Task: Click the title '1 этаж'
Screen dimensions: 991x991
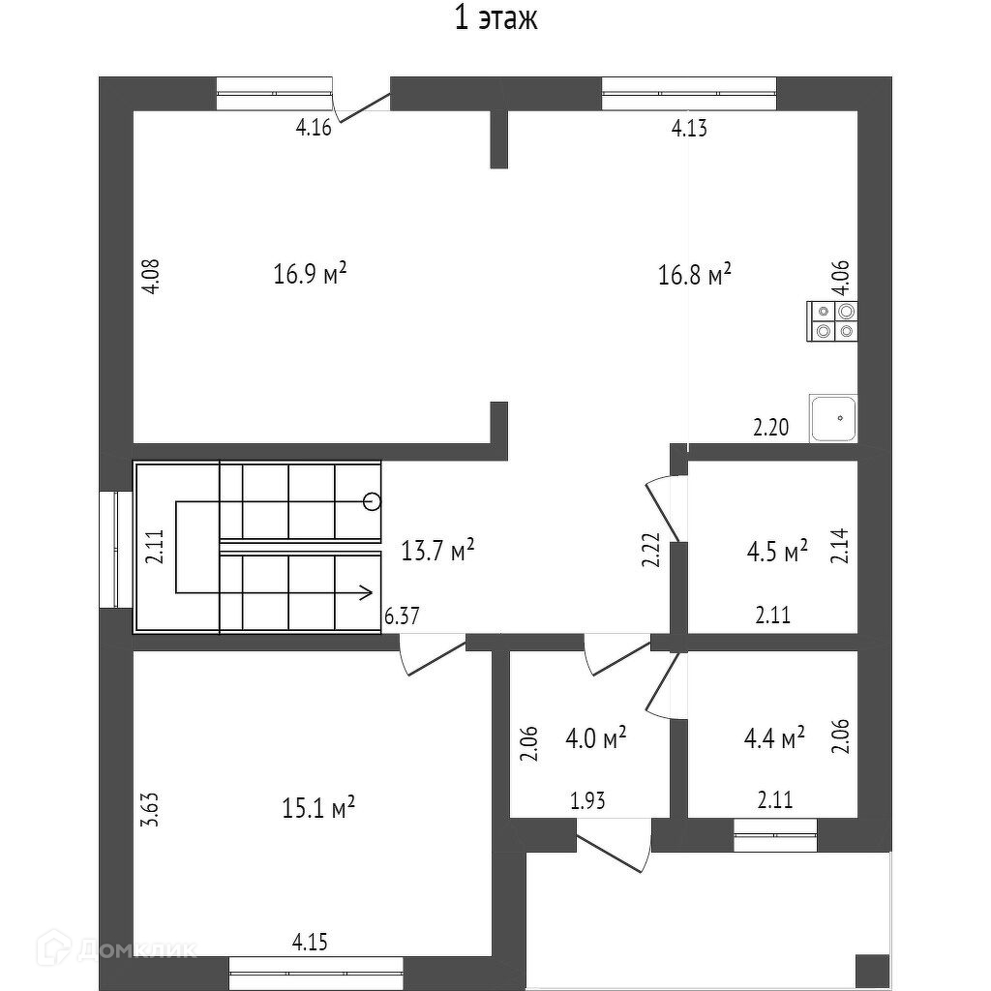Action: point(495,19)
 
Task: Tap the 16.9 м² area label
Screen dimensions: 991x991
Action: point(310,275)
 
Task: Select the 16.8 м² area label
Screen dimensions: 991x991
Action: point(694,275)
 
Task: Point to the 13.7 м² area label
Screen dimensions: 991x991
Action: point(437,552)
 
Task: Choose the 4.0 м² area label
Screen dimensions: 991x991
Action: point(595,738)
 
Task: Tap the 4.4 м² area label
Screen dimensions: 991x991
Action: point(774,739)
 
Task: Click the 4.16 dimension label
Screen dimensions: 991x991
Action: point(315,128)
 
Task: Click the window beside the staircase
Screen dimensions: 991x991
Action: point(115,549)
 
